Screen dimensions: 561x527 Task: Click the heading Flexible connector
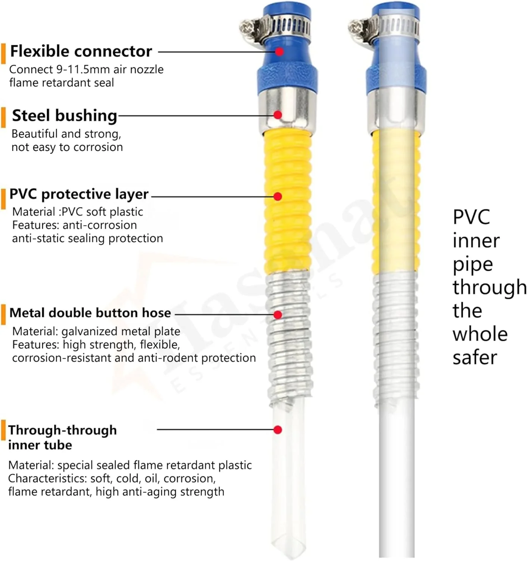(81, 51)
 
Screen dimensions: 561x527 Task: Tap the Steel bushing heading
(64, 116)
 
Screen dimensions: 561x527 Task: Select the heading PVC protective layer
(79, 194)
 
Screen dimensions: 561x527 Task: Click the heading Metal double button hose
(90, 313)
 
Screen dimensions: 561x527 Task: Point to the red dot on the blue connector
(279, 52)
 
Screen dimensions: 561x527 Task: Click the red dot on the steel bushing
(278, 115)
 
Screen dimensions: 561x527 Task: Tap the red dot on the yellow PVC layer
(278, 196)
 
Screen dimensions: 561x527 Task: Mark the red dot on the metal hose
(278, 315)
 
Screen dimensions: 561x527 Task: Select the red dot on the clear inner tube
(278, 430)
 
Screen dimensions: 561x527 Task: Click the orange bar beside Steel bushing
(4, 117)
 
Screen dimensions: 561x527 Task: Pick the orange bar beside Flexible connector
(4, 53)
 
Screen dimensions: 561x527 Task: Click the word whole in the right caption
(480, 334)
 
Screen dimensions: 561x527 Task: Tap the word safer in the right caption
(475, 358)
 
